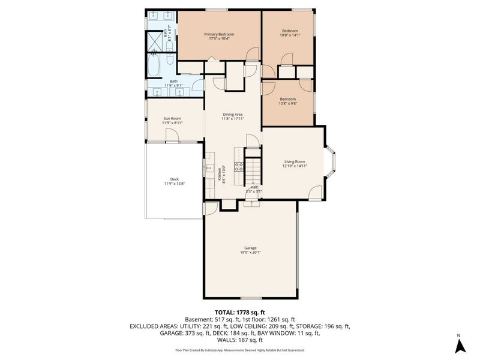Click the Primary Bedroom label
[x=219, y=34]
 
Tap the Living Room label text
[x=295, y=161]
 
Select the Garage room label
[x=250, y=248]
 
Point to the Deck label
[x=174, y=179]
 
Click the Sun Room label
[x=172, y=118]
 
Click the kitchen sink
[x=210, y=169]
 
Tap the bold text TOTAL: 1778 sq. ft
[x=239, y=313]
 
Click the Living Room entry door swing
[x=314, y=194]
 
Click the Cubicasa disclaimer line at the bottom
[x=239, y=350]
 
